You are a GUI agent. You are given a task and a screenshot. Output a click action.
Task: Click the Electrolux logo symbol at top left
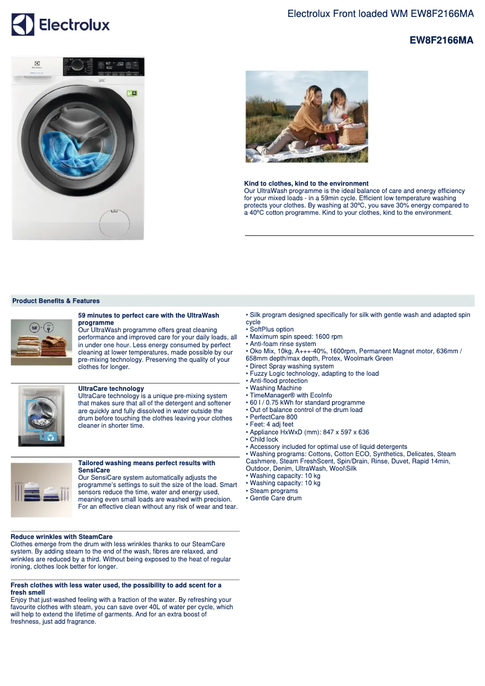click(23, 25)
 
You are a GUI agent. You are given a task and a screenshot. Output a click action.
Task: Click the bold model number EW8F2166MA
click(441, 41)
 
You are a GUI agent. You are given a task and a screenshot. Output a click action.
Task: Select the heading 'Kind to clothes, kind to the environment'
click(306, 183)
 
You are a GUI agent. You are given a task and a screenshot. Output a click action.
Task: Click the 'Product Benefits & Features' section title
click(56, 301)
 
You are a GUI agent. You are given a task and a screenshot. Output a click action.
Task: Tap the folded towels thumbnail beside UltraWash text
click(41, 342)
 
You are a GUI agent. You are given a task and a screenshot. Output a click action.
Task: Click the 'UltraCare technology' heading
click(111, 388)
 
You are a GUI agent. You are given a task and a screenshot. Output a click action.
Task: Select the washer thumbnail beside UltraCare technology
click(41, 416)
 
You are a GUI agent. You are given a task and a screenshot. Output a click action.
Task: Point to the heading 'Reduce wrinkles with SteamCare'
click(62, 537)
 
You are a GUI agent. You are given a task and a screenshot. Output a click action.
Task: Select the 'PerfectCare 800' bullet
click(273, 417)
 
